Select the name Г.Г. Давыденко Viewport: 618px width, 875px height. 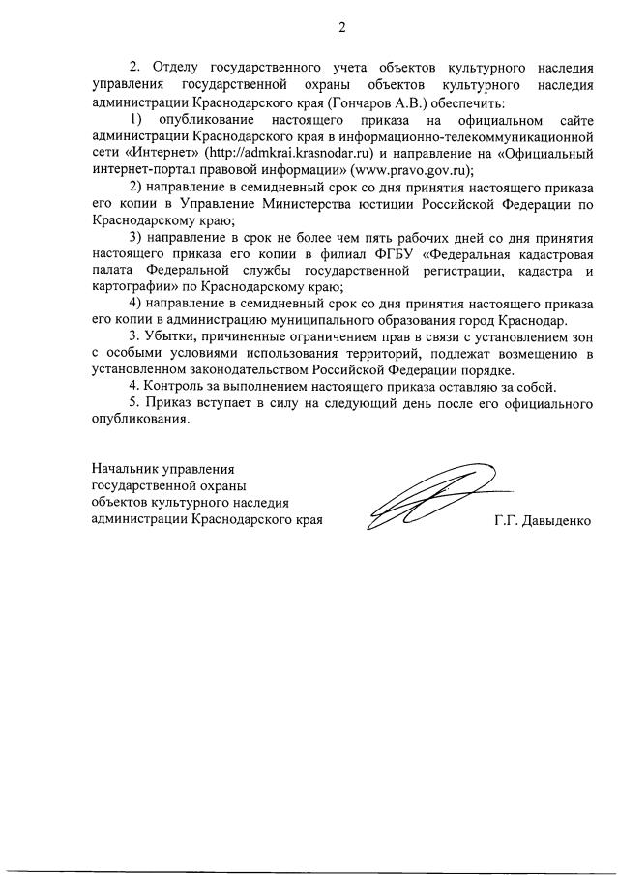542,520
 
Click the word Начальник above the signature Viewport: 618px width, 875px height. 123,469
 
